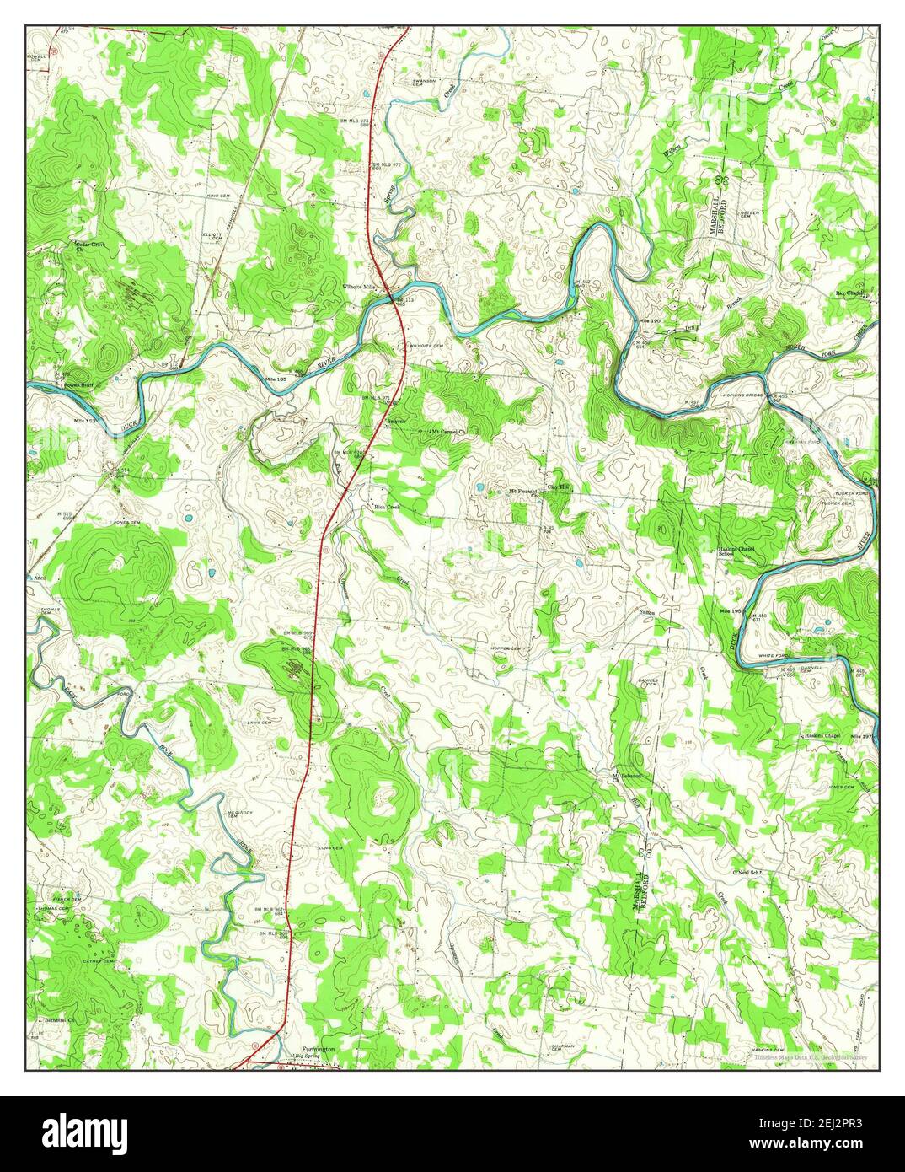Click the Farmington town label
point(316,1049)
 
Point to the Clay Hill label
point(559,487)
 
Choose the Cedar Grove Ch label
point(89,246)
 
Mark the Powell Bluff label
point(77,385)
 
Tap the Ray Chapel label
point(850,293)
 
